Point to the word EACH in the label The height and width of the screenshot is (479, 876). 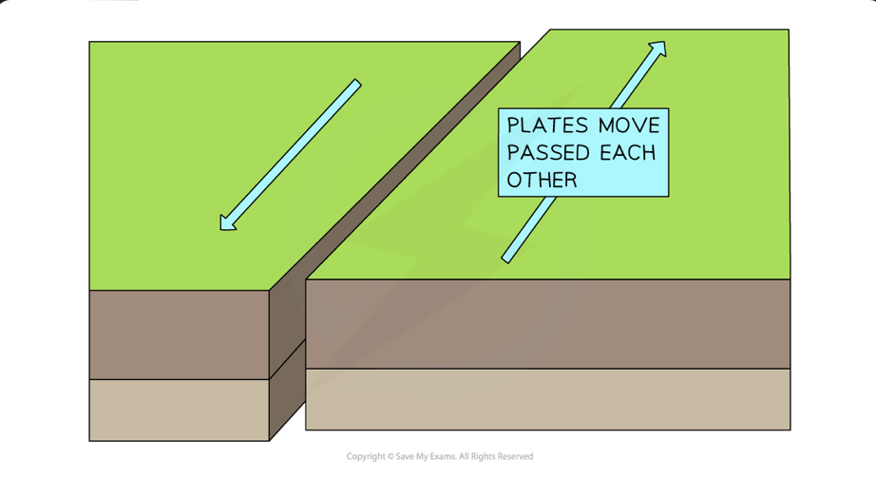[x=628, y=152]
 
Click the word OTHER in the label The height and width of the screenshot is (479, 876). [x=543, y=180]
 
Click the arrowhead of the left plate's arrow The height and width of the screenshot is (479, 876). [x=225, y=225]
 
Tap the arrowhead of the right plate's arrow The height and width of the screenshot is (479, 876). [x=659, y=47]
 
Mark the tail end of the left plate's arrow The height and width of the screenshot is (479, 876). [x=357, y=84]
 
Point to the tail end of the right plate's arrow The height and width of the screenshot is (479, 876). [x=506, y=259]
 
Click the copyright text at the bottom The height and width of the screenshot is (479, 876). [x=439, y=457]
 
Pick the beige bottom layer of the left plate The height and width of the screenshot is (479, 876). [x=180, y=410]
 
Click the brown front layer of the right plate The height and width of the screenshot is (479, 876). [x=547, y=323]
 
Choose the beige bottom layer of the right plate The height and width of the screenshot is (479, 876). [x=547, y=399]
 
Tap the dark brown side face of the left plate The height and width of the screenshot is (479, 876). [x=287, y=361]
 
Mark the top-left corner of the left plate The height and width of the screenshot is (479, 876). [x=89, y=42]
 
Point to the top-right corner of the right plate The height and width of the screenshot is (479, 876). [x=789, y=29]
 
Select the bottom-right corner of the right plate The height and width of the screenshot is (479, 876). [x=790, y=430]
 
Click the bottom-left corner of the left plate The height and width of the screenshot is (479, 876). [x=89, y=441]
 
